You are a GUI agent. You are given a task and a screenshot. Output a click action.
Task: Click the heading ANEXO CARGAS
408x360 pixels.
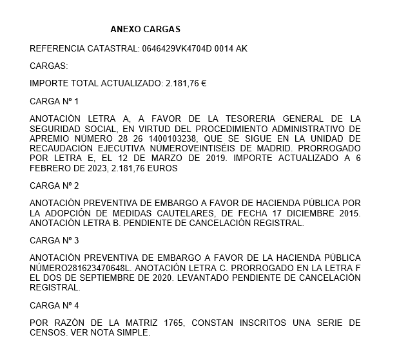pyautogui.click(x=145, y=30)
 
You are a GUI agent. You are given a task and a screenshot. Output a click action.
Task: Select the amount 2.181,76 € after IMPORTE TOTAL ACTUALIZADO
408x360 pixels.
pyautogui.click(x=186, y=84)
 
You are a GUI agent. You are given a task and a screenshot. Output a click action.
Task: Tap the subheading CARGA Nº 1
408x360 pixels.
pyautogui.click(x=54, y=102)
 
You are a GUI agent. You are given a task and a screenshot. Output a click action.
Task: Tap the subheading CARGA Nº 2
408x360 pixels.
pyautogui.click(x=54, y=185)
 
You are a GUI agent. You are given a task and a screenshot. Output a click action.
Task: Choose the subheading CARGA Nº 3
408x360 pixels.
pyautogui.click(x=54, y=240)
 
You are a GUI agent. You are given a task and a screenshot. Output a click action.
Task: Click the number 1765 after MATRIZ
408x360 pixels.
pyautogui.click(x=170, y=323)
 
